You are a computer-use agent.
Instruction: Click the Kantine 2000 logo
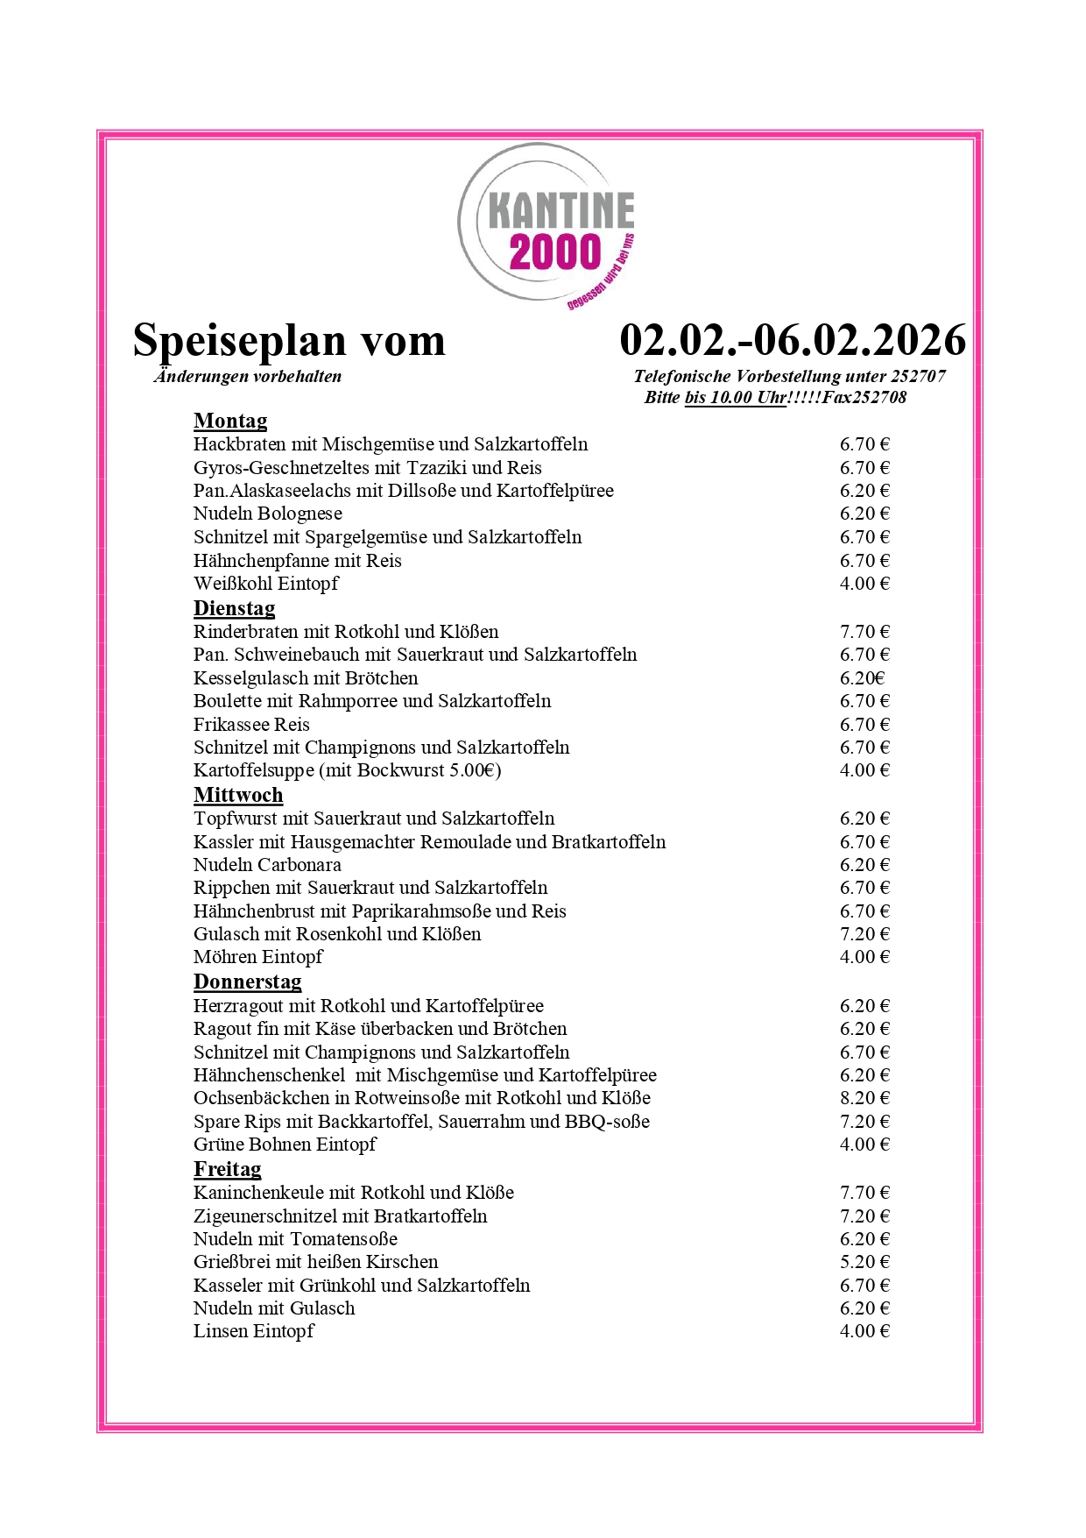click(x=548, y=226)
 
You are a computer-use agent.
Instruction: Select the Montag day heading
click(x=230, y=422)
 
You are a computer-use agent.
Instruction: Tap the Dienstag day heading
click(x=234, y=608)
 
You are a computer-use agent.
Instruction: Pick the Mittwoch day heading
click(x=238, y=795)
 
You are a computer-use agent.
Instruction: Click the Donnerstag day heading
click(x=247, y=982)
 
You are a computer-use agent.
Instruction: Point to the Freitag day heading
click(x=227, y=1169)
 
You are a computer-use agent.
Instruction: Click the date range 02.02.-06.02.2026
click(x=793, y=340)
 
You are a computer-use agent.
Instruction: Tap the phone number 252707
click(x=918, y=377)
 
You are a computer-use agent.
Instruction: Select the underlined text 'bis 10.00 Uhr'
click(x=736, y=398)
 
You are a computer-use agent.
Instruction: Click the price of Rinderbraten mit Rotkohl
click(x=864, y=632)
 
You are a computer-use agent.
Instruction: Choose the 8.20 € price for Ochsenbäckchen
click(x=864, y=1098)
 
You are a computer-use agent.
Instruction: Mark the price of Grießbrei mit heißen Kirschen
click(x=864, y=1262)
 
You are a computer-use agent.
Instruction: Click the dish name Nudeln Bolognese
click(x=268, y=514)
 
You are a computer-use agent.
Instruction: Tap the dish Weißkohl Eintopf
click(x=266, y=584)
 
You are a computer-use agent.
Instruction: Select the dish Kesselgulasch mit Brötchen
click(x=306, y=678)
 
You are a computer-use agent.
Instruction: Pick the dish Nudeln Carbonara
click(x=267, y=865)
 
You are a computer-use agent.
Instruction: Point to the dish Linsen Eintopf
click(x=254, y=1331)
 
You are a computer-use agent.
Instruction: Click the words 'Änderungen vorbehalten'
click(x=248, y=377)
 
